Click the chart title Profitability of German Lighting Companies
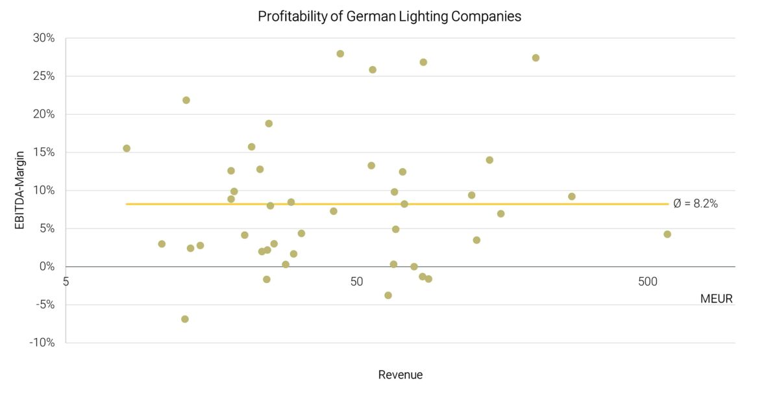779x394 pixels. coord(389,17)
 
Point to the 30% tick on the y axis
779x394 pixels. coord(44,38)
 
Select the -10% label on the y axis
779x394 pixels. coord(42,343)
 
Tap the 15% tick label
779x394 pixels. coord(44,153)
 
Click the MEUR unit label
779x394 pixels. coord(716,299)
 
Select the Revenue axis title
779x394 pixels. coord(400,375)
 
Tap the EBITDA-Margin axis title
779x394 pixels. coord(19,191)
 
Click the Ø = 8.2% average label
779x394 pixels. coord(695,204)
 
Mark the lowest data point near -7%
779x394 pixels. coord(185,319)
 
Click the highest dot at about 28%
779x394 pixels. coord(340,54)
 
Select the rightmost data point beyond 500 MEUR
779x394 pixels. coord(667,234)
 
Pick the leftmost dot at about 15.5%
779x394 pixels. coord(127,149)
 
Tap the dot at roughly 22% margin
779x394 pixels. coord(186,100)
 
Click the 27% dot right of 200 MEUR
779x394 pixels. coord(536,58)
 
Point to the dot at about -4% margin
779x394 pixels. coord(388,295)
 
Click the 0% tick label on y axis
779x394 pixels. coord(47,267)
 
